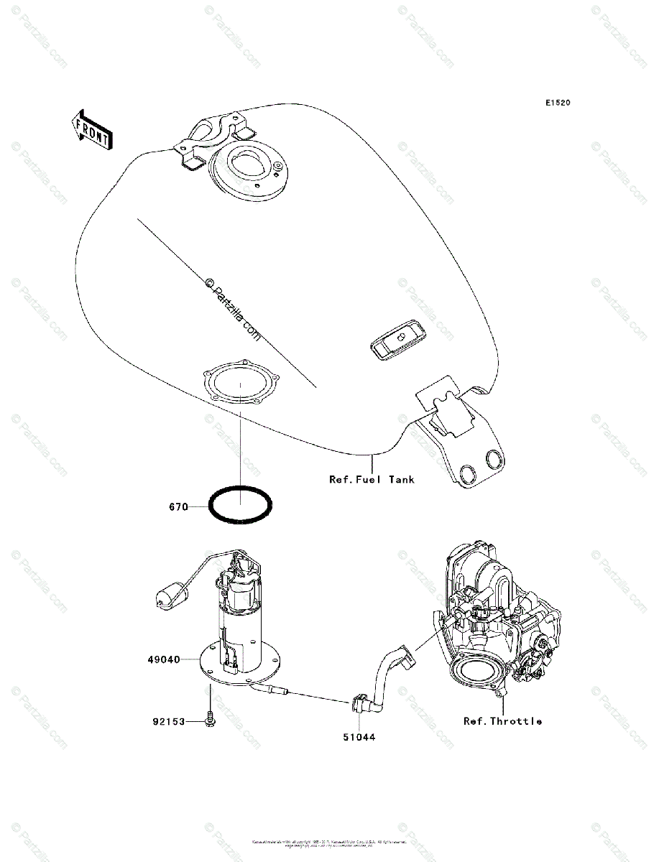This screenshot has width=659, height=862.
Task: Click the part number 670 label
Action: [178, 507]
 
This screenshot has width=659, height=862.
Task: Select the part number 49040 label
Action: [164, 658]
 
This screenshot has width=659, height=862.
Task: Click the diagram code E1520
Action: [557, 103]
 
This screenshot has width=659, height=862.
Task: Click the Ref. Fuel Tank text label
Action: [372, 479]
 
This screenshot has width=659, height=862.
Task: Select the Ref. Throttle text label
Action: [502, 721]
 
